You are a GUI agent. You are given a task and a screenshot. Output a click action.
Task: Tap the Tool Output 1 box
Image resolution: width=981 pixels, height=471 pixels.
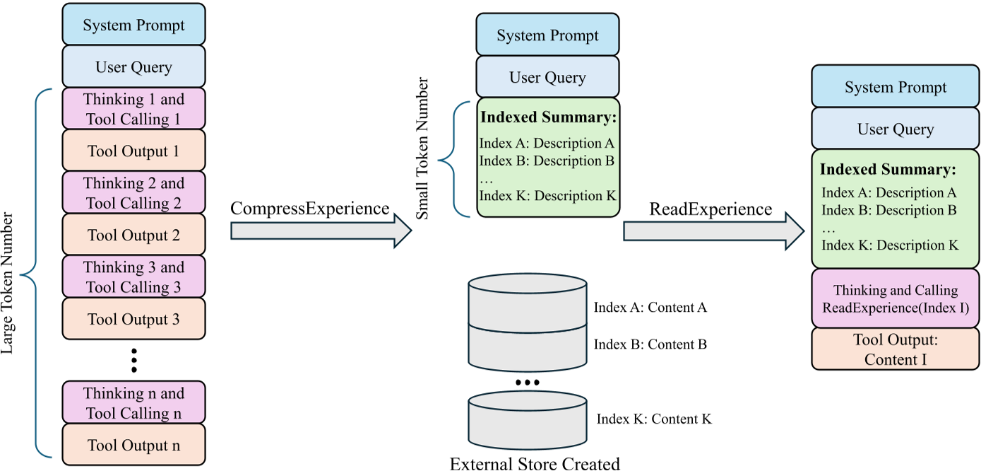tap(133, 151)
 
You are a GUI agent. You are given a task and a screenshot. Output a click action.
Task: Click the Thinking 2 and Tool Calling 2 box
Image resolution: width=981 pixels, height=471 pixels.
tap(133, 193)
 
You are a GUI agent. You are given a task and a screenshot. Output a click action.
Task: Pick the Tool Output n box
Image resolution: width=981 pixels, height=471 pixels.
tap(133, 445)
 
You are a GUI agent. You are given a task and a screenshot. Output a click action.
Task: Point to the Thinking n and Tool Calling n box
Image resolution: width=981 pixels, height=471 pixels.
tap(133, 403)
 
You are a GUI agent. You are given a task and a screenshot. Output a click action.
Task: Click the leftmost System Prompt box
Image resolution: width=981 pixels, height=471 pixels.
tap(133, 25)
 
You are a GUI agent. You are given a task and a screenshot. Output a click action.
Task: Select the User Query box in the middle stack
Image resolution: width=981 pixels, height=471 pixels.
tap(547, 77)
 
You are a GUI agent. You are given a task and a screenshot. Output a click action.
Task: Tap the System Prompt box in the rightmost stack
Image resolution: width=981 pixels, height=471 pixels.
tap(895, 88)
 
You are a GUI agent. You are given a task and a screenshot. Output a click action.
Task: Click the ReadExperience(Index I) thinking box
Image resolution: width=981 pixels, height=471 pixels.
tap(895, 299)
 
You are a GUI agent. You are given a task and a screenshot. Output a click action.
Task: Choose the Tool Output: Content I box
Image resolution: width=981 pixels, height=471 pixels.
tap(895, 349)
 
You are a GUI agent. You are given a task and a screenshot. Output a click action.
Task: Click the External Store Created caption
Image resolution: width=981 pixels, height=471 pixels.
tap(535, 463)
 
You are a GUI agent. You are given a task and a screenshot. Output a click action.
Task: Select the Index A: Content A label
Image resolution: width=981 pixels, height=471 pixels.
tap(650, 308)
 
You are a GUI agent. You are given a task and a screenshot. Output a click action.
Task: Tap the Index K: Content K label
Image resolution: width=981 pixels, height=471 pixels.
tap(654, 419)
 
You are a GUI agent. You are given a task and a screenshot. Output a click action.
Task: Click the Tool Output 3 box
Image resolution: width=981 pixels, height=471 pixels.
tap(133, 319)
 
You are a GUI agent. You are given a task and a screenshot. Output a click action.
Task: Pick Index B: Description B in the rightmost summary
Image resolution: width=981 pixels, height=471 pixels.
tap(889, 210)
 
